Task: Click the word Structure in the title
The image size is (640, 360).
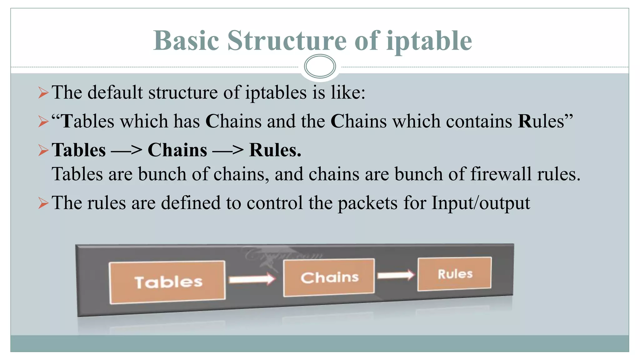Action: coord(287,41)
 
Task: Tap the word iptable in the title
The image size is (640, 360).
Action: coord(429,41)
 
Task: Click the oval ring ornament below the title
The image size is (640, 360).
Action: coord(320,66)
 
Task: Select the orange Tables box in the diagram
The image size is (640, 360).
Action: coord(167,282)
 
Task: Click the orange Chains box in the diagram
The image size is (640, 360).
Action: coord(329,277)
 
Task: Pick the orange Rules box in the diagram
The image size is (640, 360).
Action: coord(455,274)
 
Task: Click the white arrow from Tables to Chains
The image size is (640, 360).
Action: coord(252,279)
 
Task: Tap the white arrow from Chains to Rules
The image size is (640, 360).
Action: coord(395,275)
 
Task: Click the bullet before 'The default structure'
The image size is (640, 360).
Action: coord(43,93)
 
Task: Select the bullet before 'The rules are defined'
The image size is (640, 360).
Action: coord(43,203)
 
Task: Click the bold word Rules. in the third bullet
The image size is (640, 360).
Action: coord(275,150)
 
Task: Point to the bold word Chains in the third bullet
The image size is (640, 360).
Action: coord(177,150)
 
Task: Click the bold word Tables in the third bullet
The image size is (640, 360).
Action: coord(79,150)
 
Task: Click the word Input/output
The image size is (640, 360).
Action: coord(481,203)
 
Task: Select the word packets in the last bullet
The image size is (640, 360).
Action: coord(367,203)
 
